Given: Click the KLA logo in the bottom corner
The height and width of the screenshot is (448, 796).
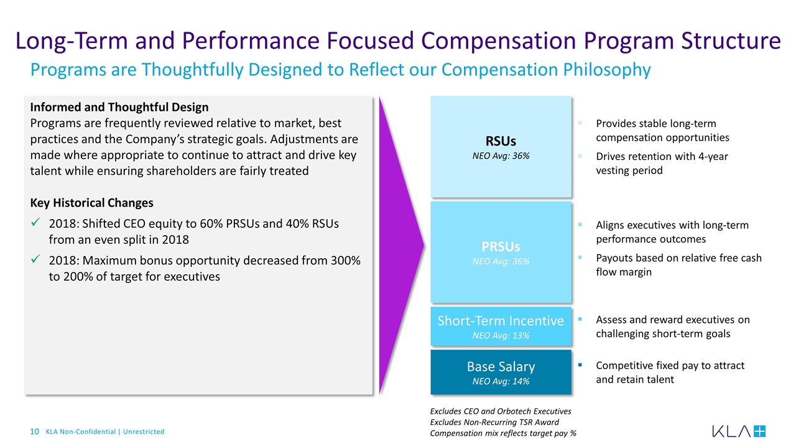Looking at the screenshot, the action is point(739,431).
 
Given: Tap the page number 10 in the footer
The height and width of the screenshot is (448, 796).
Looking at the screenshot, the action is point(34,432).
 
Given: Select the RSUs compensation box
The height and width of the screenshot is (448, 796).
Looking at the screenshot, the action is point(501,146).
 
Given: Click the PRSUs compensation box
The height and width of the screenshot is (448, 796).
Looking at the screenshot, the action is point(501,252).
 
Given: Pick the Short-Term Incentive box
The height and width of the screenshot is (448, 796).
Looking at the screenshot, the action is point(501,326).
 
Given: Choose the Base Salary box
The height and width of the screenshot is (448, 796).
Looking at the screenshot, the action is point(501,372).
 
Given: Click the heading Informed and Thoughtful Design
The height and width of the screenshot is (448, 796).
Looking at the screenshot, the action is point(119,107).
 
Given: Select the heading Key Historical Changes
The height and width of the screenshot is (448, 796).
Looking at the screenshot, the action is point(91,203).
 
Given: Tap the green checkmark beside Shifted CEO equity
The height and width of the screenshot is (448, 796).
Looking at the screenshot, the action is point(35,222).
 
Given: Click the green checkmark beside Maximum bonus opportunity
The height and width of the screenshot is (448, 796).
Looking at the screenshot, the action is point(35,259).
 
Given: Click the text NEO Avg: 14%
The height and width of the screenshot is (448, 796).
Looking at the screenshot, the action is point(501,381).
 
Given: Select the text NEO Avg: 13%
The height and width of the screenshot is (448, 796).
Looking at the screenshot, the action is point(501,335).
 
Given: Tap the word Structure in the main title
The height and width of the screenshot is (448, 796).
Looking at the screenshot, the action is point(731,40).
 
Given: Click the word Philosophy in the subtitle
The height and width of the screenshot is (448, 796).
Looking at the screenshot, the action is point(607,70).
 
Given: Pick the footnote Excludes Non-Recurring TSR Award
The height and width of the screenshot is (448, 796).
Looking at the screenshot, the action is point(494,422).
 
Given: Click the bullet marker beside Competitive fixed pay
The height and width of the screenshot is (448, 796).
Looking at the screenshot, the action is point(580,365).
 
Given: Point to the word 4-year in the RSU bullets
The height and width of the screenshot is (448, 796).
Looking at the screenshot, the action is point(713,156).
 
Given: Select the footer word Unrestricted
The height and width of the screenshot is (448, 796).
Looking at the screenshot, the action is point(144,432).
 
